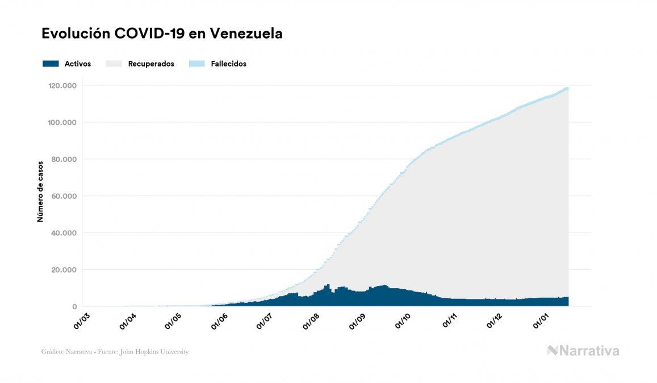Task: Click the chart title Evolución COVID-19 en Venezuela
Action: point(162,34)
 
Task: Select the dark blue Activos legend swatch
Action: point(51,64)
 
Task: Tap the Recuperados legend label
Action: point(151,64)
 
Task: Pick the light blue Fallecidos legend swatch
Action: point(196,64)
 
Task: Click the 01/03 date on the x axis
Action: point(82,320)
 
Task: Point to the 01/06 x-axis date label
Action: point(219,320)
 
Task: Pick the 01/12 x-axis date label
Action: point(495,320)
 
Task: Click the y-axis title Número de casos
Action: point(40,196)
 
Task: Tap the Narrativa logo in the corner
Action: point(583,351)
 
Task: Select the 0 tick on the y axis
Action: point(75,307)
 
